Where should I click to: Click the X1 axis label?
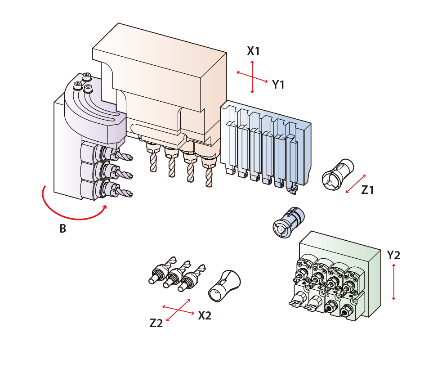click(253, 51)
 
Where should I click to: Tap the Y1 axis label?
click(278, 85)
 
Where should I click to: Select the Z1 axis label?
click(367, 190)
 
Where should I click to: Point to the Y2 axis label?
click(393, 255)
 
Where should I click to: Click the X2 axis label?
click(205, 315)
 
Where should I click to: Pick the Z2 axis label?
click(156, 323)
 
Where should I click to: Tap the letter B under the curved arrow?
click(63, 229)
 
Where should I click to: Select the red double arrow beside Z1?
click(356, 184)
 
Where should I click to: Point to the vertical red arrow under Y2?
click(394, 282)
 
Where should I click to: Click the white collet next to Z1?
click(338, 174)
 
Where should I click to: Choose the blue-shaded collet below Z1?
click(289, 222)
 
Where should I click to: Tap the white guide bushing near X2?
click(224, 286)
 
